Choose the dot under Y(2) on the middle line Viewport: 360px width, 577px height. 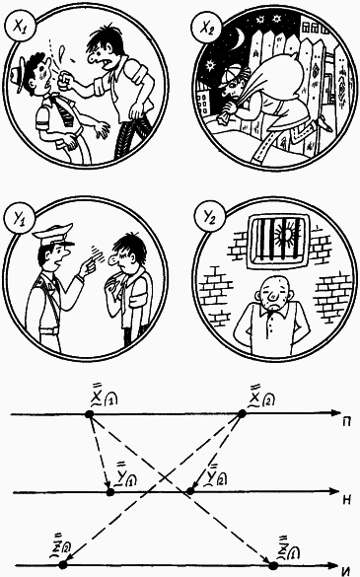188,489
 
